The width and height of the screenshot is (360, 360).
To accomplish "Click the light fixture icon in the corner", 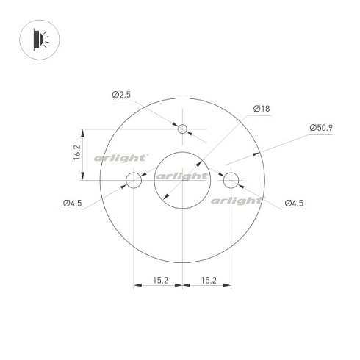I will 39,37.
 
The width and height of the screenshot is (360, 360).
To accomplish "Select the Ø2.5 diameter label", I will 121,95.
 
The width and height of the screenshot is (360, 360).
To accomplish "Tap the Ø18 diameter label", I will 261,109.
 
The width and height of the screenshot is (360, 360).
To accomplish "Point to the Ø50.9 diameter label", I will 321,128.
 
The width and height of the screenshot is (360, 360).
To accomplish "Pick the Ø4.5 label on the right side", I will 294,203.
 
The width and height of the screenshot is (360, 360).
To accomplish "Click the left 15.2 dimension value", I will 159,280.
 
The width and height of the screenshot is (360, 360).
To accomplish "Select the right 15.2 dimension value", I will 209,280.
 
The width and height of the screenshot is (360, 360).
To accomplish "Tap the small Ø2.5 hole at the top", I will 183,129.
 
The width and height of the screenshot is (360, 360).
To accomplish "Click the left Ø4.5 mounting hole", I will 134,180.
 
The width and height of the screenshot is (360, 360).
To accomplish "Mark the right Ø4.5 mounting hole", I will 231,180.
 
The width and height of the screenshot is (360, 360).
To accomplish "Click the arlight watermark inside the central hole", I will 182,176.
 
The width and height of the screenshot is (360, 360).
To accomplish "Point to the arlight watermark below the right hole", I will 237,200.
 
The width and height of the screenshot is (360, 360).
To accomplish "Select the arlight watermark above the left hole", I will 120,158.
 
